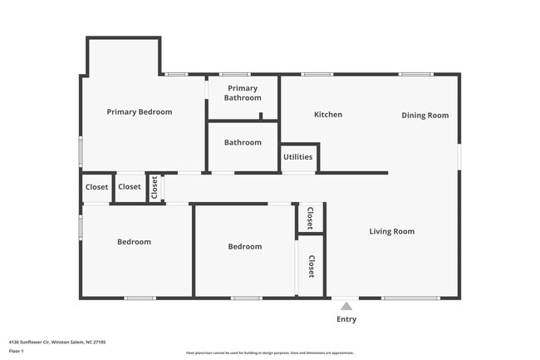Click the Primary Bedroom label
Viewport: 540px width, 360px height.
[139, 111]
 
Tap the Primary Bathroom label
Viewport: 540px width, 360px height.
[243, 93]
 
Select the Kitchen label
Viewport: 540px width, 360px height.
[327, 115]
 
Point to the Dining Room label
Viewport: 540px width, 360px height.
[425, 116]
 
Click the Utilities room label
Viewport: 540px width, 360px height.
[297, 157]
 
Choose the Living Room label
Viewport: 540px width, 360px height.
[391, 231]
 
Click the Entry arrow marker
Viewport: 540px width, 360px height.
[346, 306]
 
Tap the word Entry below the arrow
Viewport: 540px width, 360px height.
[346, 319]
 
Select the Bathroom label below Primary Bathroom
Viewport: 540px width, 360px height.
[243, 142]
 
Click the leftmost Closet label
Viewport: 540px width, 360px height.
[97, 187]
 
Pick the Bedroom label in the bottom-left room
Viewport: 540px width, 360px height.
[134, 242]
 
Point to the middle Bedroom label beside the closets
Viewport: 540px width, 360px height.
[245, 246]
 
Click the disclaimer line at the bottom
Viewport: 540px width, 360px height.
[270, 353]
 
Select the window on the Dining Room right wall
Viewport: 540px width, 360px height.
[459, 157]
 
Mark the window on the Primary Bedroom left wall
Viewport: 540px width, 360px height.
[81, 151]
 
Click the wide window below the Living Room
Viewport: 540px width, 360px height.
[410, 298]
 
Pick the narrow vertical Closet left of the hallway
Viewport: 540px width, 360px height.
[155, 188]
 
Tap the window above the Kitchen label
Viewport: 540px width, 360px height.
[317, 75]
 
